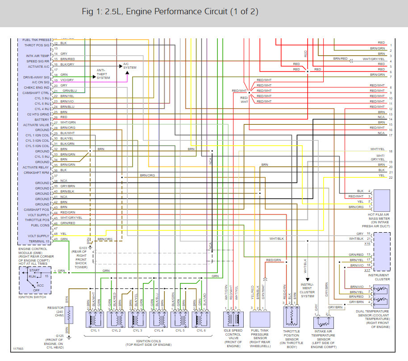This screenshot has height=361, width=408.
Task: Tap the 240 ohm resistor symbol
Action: pyautogui.click(x=68, y=315)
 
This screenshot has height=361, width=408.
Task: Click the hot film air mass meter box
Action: pyautogui.click(x=381, y=199)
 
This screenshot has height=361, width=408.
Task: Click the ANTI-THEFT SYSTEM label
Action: pyautogui.click(x=103, y=74)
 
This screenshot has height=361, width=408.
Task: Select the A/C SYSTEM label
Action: pyautogui.click(x=129, y=66)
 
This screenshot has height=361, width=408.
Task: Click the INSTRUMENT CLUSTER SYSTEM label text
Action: pyautogui.click(x=308, y=290)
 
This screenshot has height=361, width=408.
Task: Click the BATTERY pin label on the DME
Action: pyautogui.click(x=42, y=119)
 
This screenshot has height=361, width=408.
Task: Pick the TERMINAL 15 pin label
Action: pyautogui.click(x=38, y=241)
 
